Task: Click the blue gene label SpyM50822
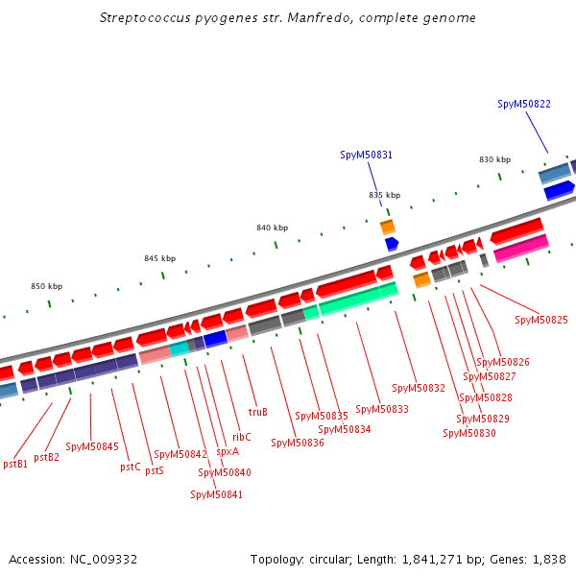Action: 524,104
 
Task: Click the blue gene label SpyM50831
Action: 366,155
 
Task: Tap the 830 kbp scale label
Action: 494,159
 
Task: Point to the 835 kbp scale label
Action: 384,195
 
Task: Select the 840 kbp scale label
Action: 272,228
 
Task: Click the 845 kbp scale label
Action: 160,258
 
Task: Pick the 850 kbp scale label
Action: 46,286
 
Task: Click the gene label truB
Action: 257,412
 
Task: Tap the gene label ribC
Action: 242,437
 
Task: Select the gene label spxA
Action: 228,450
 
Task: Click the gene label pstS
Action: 154,470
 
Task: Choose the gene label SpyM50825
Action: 541,320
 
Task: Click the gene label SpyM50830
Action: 469,433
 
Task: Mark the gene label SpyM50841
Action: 216,494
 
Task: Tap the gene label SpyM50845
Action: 92,446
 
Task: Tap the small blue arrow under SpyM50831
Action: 391,244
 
